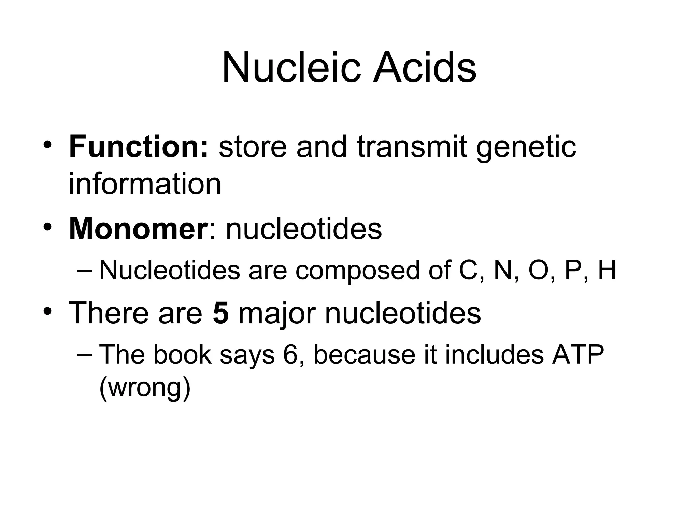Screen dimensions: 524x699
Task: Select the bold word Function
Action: coord(138,147)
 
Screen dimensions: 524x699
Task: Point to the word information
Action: coord(145,184)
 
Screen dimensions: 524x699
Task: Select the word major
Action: coord(276,313)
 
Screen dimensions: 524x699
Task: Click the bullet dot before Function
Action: coord(47,145)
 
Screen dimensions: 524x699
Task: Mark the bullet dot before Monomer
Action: coord(47,227)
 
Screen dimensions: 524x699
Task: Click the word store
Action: coord(253,147)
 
